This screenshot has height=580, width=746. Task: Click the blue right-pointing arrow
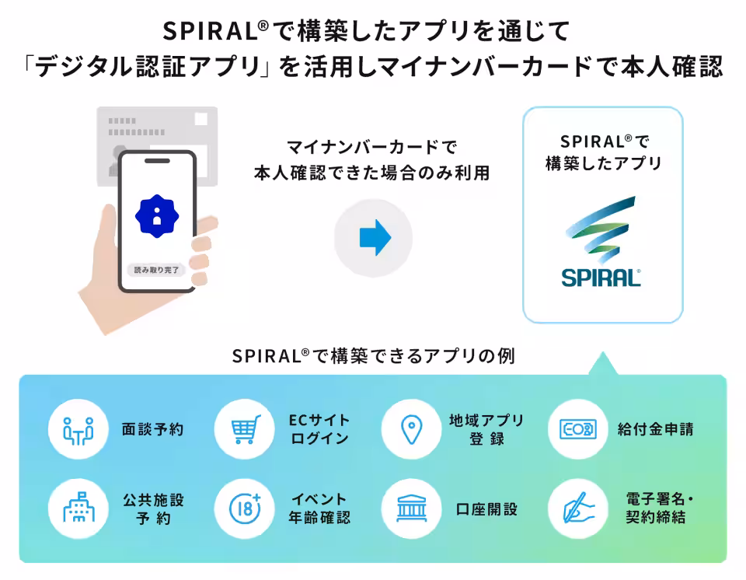(x=375, y=238)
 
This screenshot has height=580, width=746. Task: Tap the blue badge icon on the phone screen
(x=157, y=216)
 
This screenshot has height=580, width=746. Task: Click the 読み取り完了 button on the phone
(x=156, y=270)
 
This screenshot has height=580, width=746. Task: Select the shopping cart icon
(x=246, y=429)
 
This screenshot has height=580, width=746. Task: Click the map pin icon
(x=412, y=429)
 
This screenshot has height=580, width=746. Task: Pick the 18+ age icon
(x=246, y=508)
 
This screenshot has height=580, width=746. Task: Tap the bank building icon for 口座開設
(x=412, y=508)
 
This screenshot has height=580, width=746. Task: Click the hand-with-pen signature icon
(x=578, y=508)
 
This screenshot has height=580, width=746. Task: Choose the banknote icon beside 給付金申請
(x=578, y=429)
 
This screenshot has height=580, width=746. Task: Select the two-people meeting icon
(x=78, y=431)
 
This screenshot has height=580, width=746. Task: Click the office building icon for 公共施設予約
(x=78, y=508)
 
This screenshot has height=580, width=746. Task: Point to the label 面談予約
(x=153, y=429)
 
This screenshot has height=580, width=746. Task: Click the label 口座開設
(x=486, y=509)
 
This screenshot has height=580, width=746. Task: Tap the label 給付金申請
(x=656, y=429)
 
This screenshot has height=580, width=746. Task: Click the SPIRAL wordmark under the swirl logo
(x=601, y=278)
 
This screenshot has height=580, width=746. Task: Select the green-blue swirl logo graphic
(x=601, y=229)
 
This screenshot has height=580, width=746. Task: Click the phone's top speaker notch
(x=157, y=160)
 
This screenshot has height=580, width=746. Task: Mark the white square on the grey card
(x=201, y=119)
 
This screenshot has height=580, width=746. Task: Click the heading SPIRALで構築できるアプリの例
(x=374, y=356)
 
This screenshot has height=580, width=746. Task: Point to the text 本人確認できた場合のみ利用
(x=371, y=173)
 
